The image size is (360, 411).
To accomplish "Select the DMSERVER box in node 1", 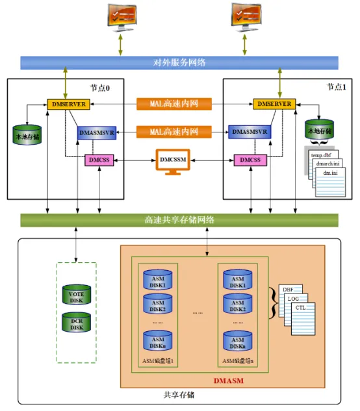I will [274, 104].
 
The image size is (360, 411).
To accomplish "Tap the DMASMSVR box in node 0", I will [97, 132].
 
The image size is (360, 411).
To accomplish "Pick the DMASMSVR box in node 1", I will [250, 132].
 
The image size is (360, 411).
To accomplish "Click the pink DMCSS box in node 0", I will [99, 159].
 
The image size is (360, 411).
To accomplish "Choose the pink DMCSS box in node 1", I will [250, 159].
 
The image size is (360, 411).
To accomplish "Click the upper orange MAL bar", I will [174, 104].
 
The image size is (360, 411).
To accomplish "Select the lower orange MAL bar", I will [174, 132].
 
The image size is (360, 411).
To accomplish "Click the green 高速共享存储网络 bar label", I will [180, 219].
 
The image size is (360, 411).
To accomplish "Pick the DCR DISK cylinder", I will [76, 323].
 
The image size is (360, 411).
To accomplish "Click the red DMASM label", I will [228, 380].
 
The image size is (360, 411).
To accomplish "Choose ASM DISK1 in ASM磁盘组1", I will [158, 280].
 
